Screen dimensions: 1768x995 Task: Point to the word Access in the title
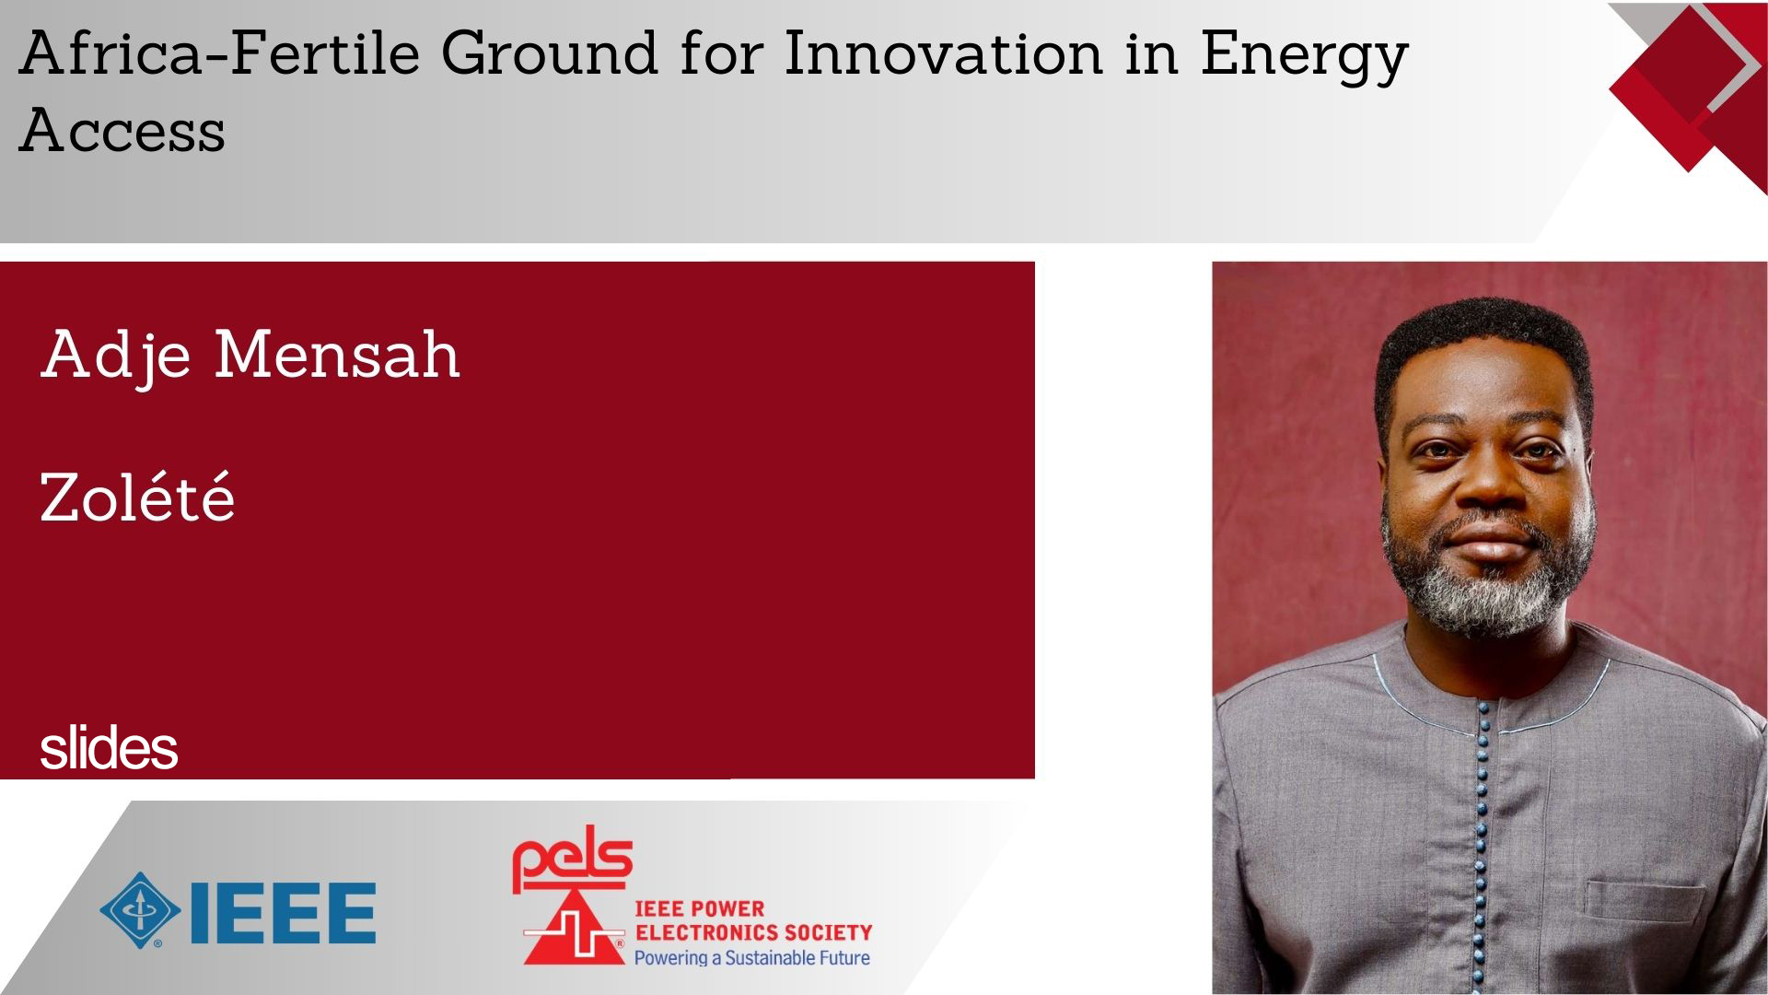[122, 130]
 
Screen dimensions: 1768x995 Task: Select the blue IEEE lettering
[282, 912]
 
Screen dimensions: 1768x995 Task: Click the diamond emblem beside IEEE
[140, 911]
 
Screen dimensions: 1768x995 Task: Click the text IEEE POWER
[700, 909]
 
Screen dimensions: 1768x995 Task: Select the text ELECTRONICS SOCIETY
[753, 932]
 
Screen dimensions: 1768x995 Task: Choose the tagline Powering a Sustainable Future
[751, 957]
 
